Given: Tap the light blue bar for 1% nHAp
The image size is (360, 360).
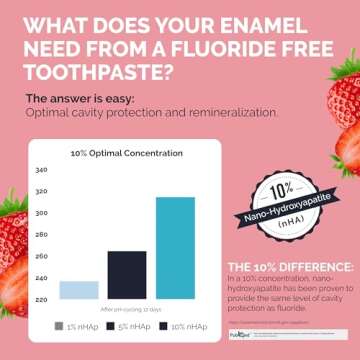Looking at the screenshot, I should tap(79, 289).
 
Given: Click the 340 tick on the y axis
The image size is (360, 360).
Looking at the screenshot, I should tap(40, 170).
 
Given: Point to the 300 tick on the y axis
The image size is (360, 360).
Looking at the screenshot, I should tap(40, 213).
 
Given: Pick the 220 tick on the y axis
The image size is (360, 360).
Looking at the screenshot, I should tap(40, 299).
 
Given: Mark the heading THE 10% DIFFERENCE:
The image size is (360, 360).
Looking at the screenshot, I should tap(290, 266).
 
